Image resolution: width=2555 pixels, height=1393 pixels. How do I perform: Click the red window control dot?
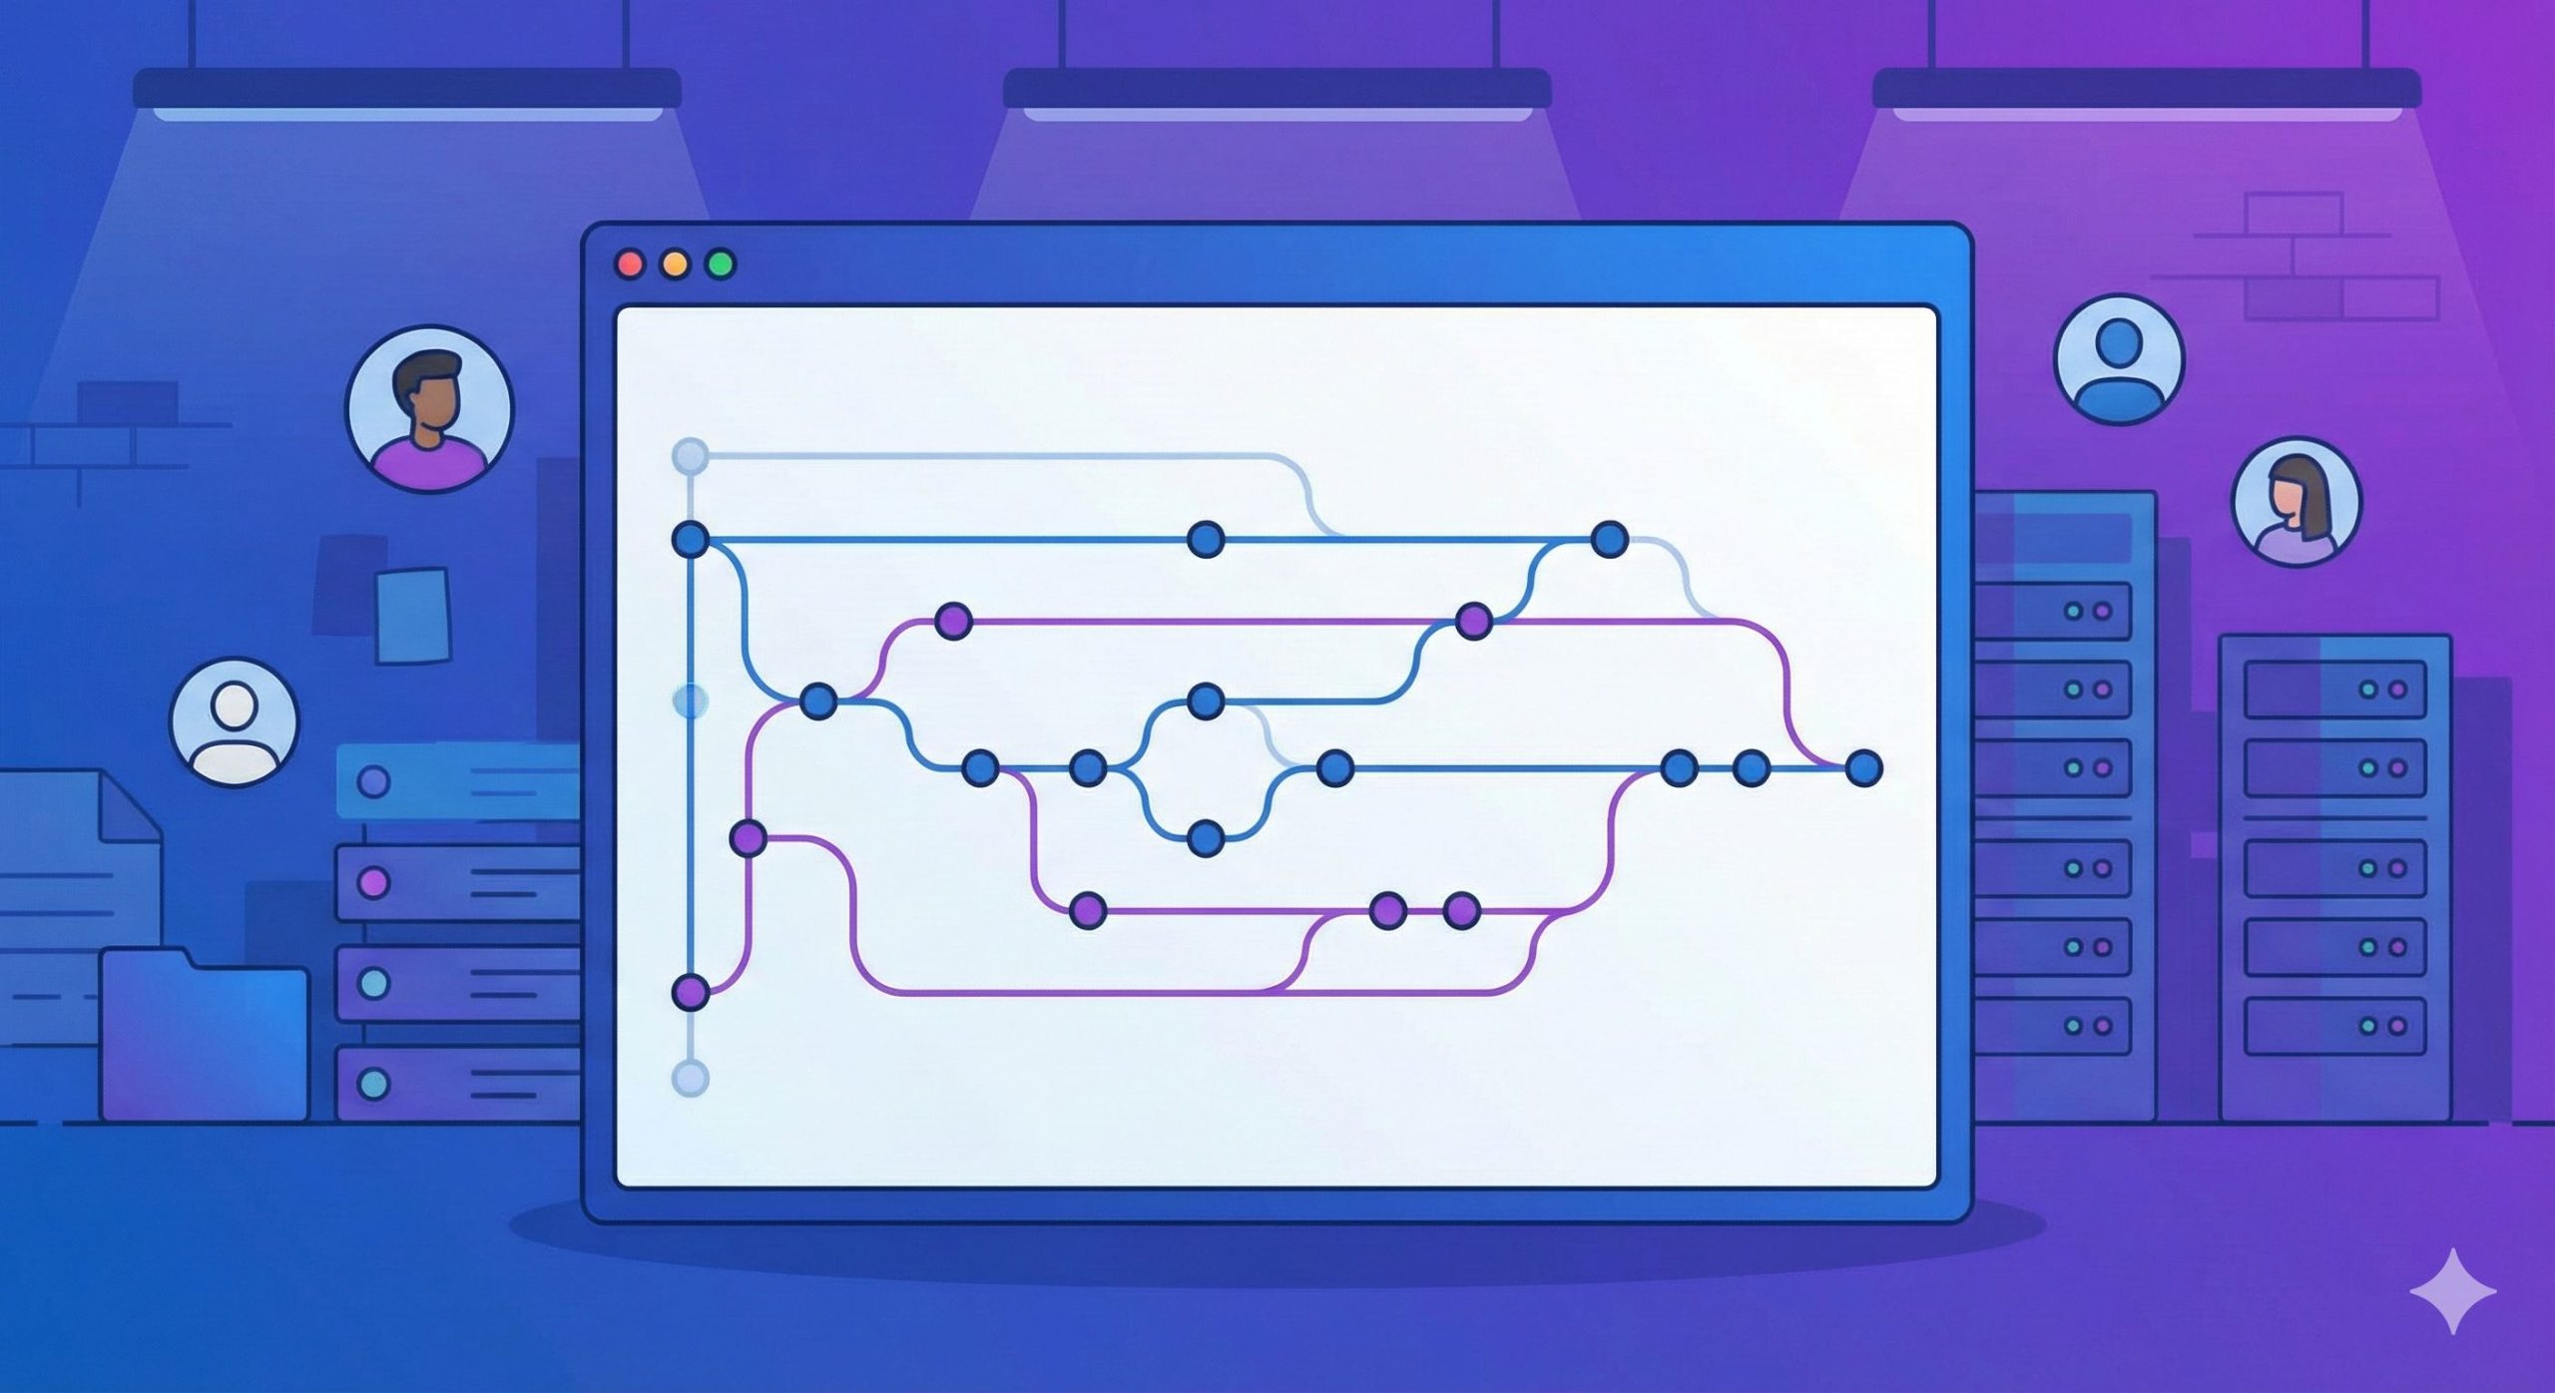[630, 264]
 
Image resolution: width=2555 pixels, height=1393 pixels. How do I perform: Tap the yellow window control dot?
[676, 264]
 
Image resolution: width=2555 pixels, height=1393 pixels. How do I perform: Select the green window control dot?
[721, 264]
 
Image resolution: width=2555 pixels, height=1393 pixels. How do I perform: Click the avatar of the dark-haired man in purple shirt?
[429, 408]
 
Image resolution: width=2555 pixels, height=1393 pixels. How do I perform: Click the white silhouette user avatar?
[235, 721]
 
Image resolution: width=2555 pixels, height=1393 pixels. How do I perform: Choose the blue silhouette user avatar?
[2119, 359]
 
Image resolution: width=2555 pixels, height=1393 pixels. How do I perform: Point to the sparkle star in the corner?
[2452, 1290]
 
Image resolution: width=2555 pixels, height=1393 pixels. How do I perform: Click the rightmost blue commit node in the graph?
[1863, 768]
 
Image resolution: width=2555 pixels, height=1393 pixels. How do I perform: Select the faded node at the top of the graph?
[690, 457]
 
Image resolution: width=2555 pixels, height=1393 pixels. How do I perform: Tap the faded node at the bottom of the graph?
[690, 1079]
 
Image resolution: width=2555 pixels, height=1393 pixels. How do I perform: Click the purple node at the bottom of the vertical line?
[690, 993]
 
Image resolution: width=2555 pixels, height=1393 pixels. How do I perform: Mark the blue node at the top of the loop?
[1206, 701]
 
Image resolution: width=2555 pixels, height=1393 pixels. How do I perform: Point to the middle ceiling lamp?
[1277, 90]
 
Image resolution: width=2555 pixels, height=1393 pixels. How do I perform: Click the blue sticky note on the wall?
[412, 615]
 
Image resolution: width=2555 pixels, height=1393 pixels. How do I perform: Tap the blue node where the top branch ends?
[1609, 540]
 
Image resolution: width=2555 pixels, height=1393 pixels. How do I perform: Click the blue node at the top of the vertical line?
[690, 540]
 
